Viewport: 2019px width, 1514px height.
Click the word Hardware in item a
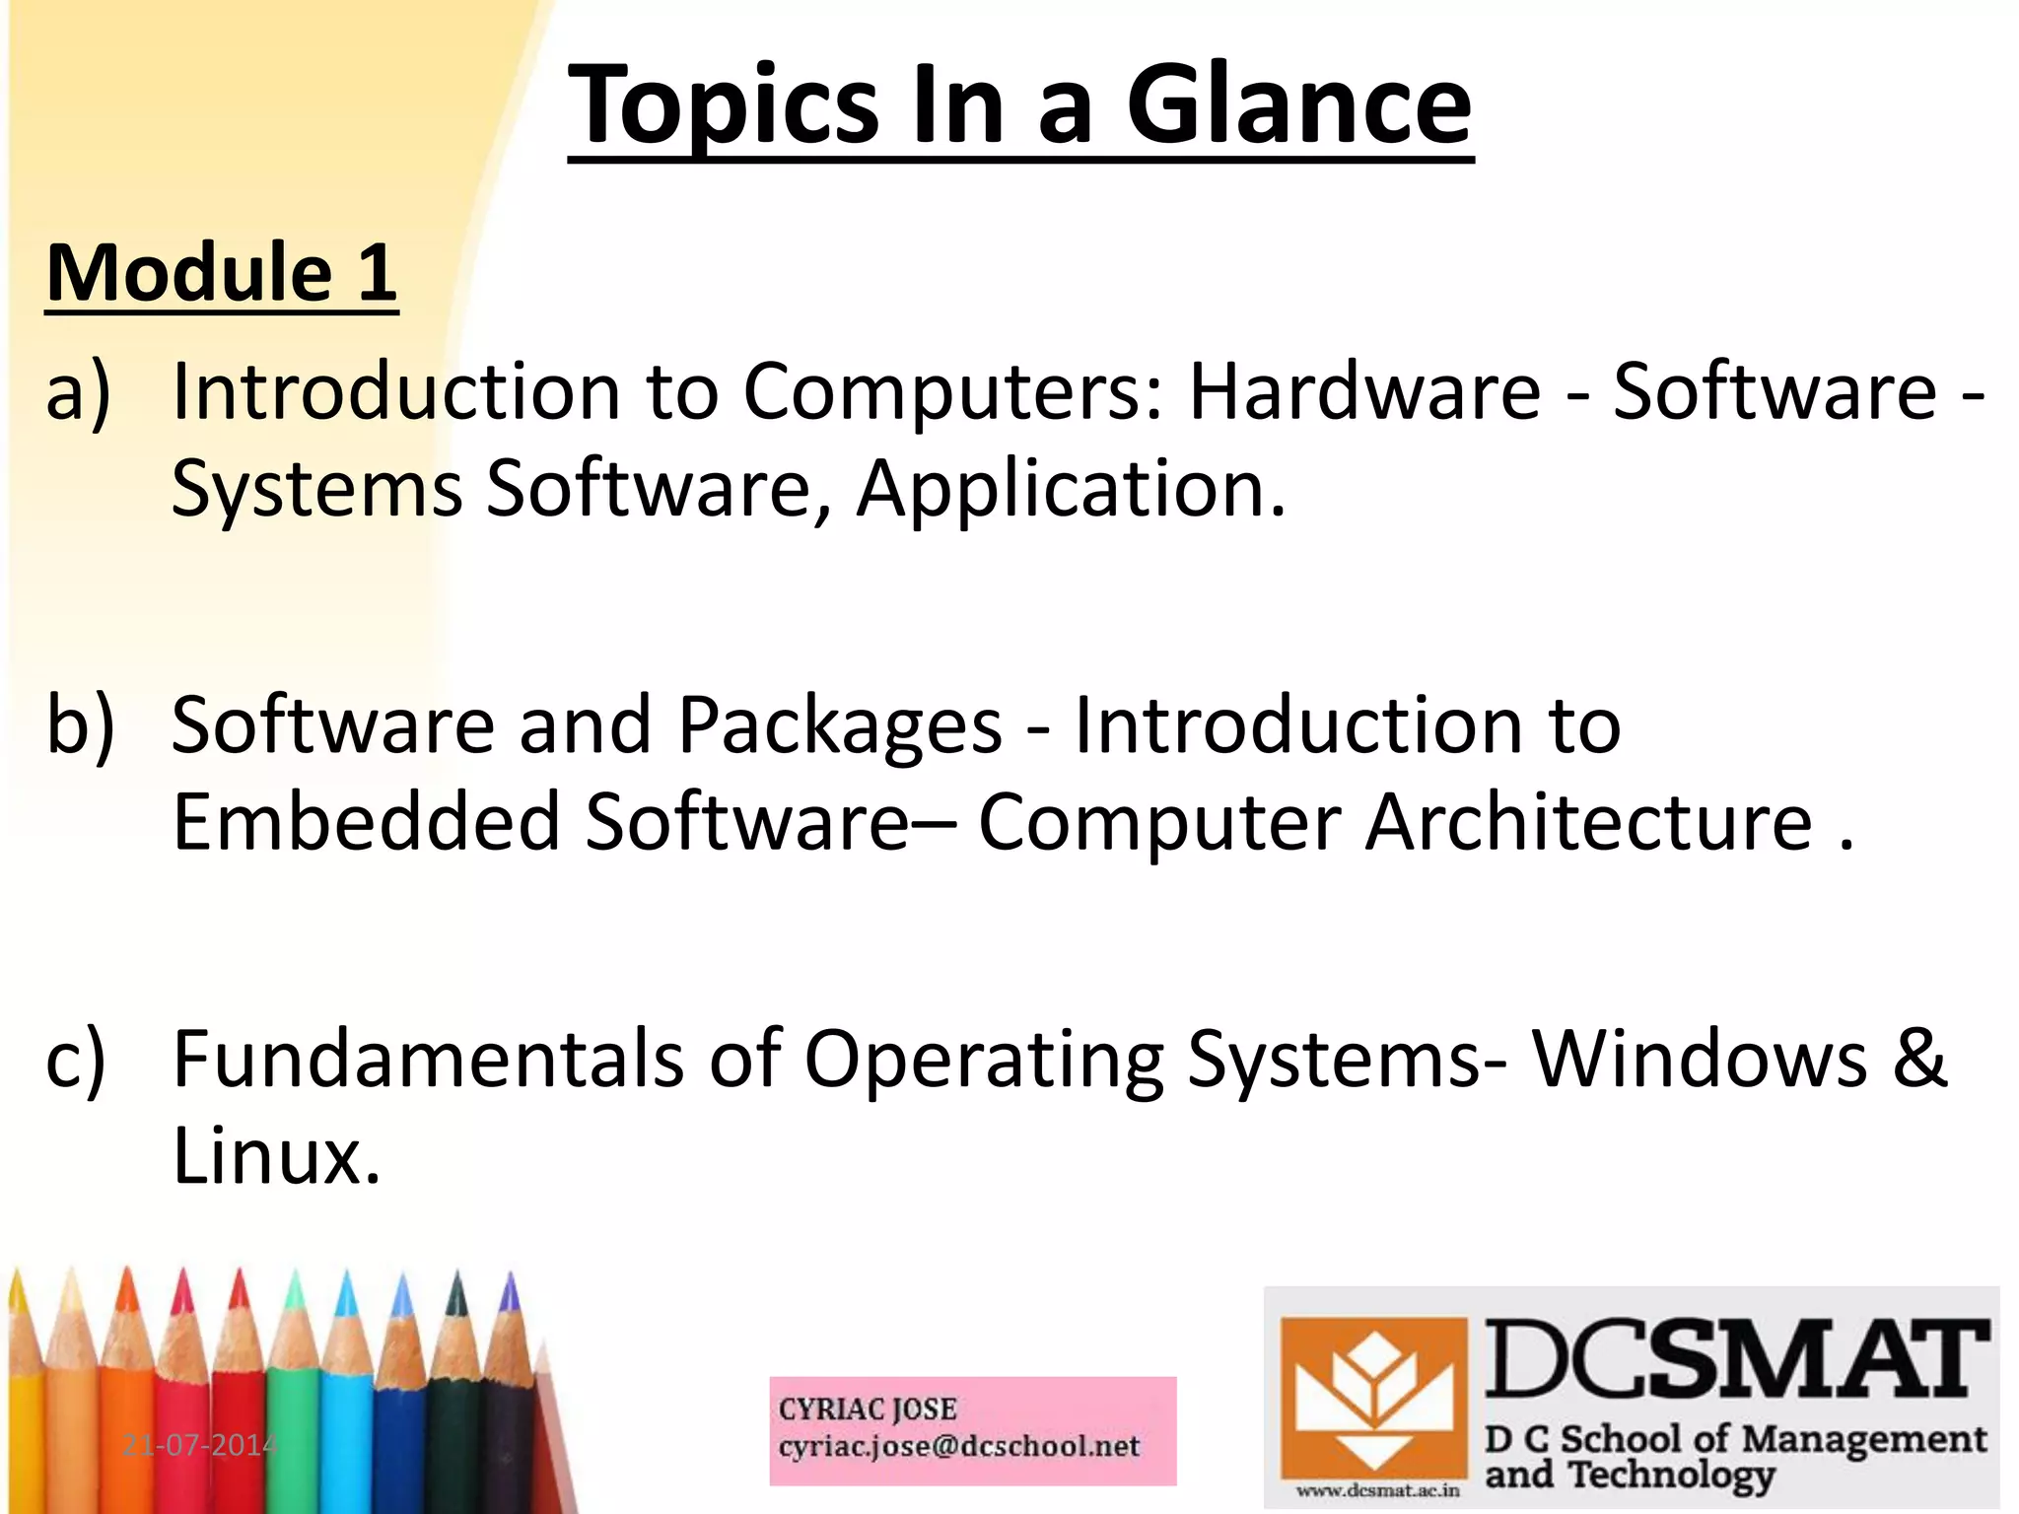(x=1364, y=391)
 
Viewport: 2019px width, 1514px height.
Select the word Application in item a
(x=1070, y=489)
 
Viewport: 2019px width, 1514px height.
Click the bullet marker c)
(x=77, y=1060)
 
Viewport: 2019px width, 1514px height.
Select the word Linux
(x=275, y=1156)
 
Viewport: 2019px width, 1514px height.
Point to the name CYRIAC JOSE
(x=868, y=1410)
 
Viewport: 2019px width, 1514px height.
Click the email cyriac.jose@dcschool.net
(x=958, y=1447)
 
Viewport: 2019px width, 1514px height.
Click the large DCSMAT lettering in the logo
(x=1735, y=1360)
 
